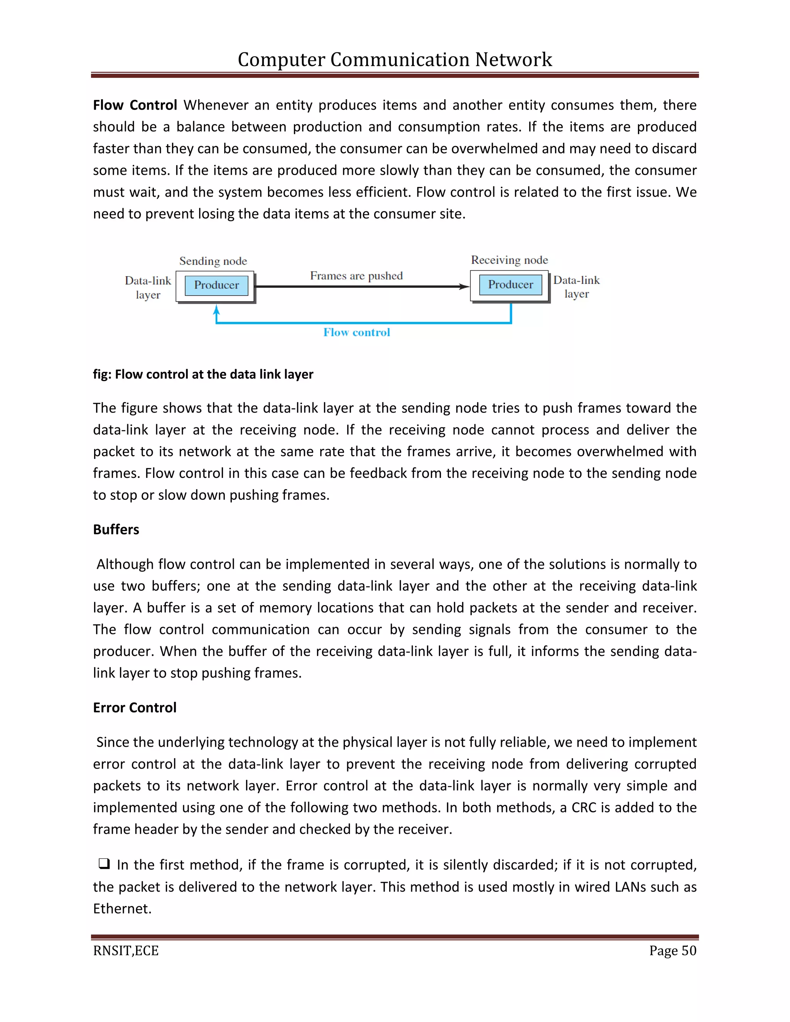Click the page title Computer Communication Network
point(395,59)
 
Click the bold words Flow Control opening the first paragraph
point(135,105)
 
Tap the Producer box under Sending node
point(216,285)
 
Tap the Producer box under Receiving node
point(510,285)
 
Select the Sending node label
point(213,261)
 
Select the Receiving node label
point(509,260)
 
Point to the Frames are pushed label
point(356,276)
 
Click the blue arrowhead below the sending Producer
point(216,310)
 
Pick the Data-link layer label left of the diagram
point(148,287)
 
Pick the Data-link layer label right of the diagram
point(576,287)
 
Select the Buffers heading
point(116,530)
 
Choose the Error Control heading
point(135,708)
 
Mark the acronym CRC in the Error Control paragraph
point(584,808)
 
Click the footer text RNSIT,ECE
point(126,951)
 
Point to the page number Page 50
point(672,951)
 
